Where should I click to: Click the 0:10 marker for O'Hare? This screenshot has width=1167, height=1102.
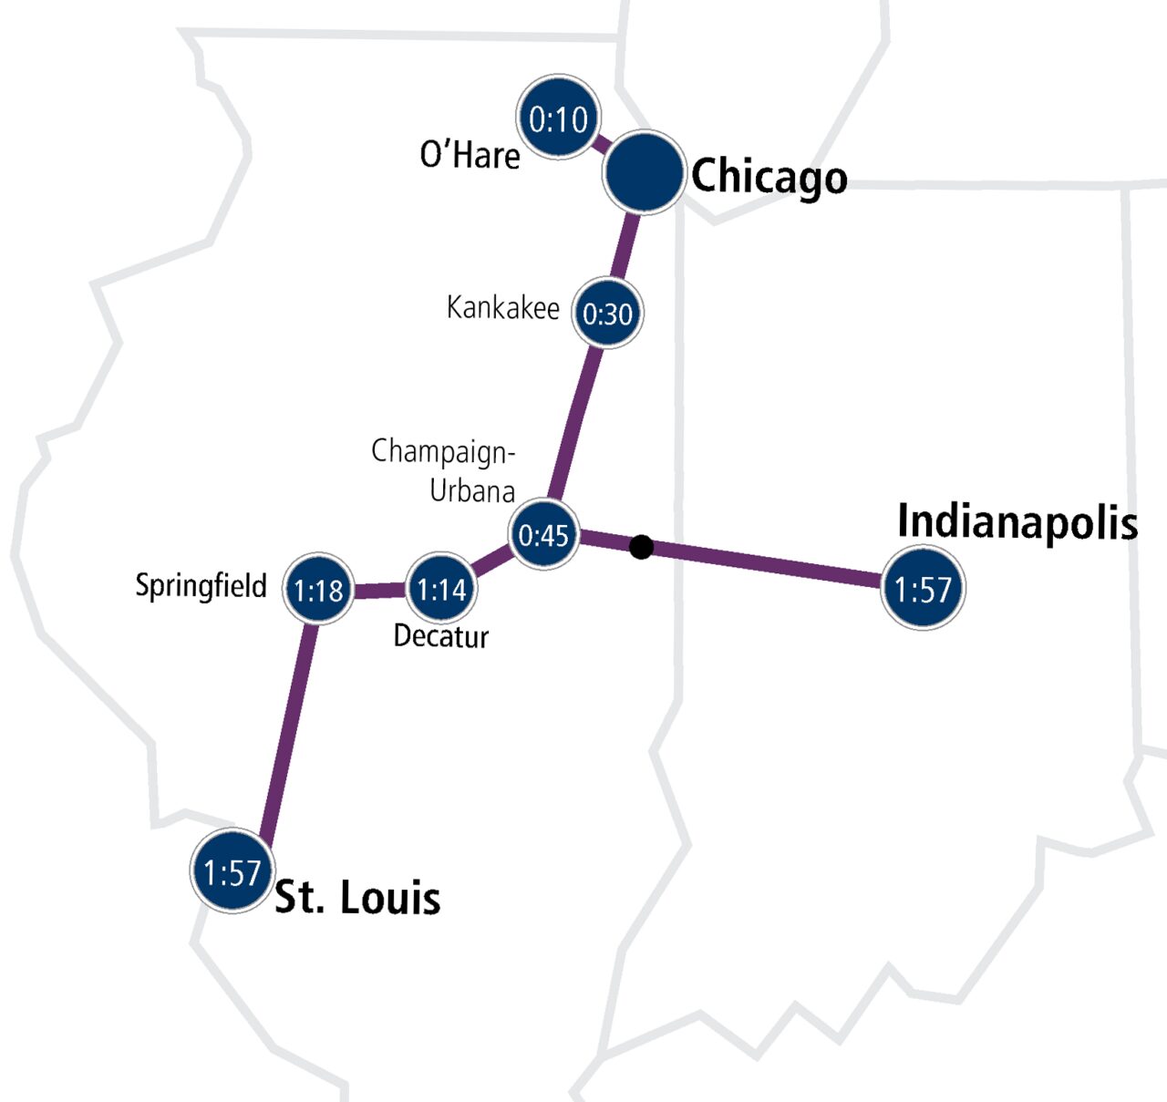point(558,118)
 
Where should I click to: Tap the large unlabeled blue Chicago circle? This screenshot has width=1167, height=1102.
point(643,173)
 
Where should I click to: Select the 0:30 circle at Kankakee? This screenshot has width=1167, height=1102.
point(607,314)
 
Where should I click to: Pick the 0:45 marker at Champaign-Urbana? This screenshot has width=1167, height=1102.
point(543,534)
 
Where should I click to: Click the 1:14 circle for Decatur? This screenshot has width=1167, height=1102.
point(441,590)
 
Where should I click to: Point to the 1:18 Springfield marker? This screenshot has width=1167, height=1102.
point(318,591)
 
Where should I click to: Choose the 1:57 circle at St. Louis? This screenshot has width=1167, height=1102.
point(232,872)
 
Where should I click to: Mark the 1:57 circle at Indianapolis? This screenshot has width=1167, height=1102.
point(923,589)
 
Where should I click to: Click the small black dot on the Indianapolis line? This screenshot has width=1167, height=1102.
point(641,547)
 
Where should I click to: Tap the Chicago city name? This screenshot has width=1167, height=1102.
point(769,176)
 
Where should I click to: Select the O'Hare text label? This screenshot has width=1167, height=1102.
point(470,155)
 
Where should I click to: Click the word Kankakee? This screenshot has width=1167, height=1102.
point(502,308)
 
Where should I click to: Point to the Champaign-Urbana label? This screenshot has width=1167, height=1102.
point(445,470)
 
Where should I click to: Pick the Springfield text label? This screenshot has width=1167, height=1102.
point(201,585)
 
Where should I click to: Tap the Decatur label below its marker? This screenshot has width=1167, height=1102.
point(441,635)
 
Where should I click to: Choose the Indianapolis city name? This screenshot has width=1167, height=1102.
point(1017,522)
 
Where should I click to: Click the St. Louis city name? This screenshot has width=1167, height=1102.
point(357,898)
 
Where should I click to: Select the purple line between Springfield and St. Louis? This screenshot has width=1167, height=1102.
point(287,729)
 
